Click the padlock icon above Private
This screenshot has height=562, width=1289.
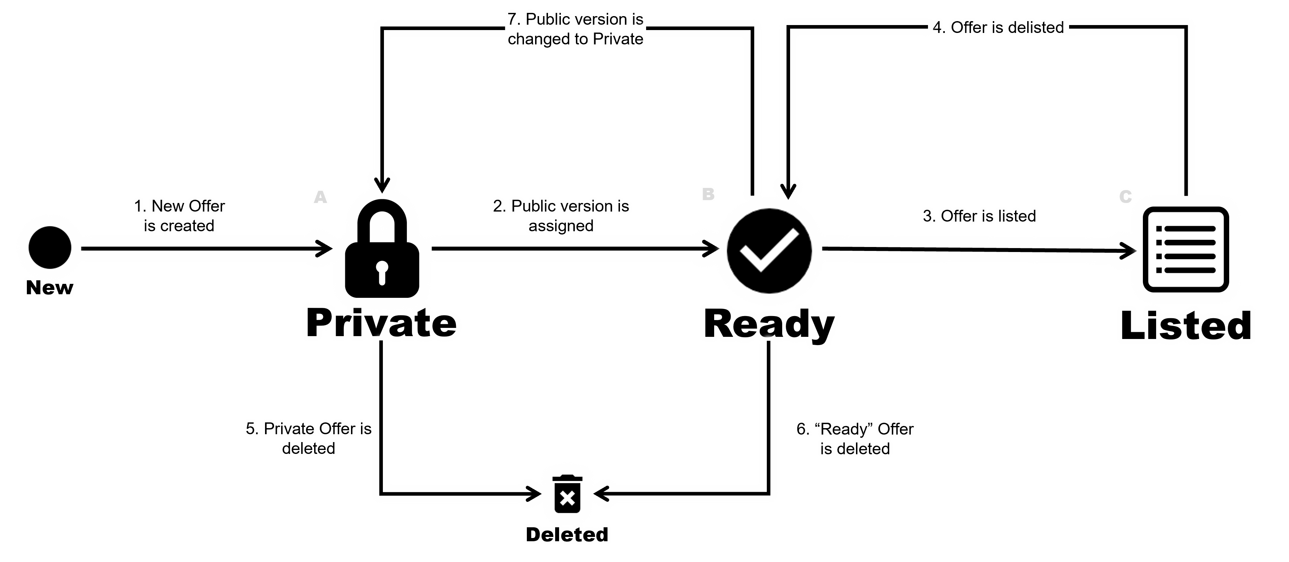point(382,250)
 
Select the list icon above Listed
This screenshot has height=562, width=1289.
point(1186,249)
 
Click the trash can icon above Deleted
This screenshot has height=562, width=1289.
point(567,494)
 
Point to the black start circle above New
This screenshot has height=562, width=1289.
point(50,247)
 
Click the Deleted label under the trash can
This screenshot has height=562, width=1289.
point(567,534)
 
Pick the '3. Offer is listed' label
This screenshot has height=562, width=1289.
point(979,216)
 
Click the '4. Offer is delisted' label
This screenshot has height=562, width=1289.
point(998,28)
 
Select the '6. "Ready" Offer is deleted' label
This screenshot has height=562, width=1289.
point(855,439)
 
